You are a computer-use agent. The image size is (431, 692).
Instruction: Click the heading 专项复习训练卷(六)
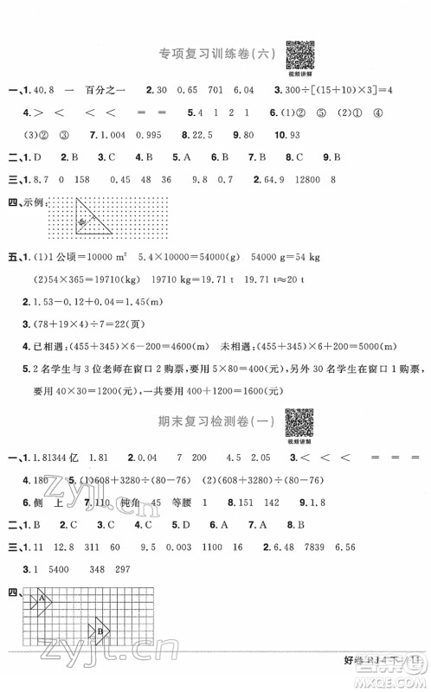(210, 54)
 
